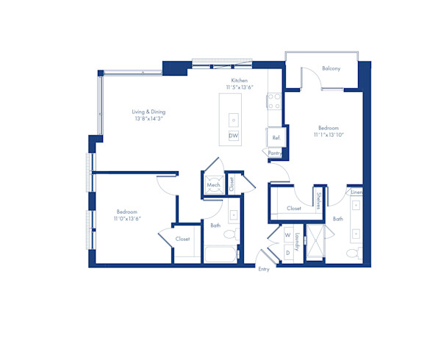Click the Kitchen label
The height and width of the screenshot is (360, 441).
(240, 80)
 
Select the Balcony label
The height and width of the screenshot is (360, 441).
(331, 69)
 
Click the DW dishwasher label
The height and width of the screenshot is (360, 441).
(234, 136)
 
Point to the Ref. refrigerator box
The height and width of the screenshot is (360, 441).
(276, 137)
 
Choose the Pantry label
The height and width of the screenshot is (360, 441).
(275, 153)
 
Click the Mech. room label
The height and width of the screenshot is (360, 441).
(213, 185)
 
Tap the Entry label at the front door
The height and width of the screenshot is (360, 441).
(264, 269)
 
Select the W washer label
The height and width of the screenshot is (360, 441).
(287, 236)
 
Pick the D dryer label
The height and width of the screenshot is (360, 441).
(287, 252)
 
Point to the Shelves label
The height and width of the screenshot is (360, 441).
(318, 199)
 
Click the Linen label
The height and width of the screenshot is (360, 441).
(356, 192)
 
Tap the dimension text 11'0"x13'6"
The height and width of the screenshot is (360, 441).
(126, 219)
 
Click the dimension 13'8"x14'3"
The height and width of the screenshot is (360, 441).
(148, 118)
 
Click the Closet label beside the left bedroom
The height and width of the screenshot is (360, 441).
(182, 239)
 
